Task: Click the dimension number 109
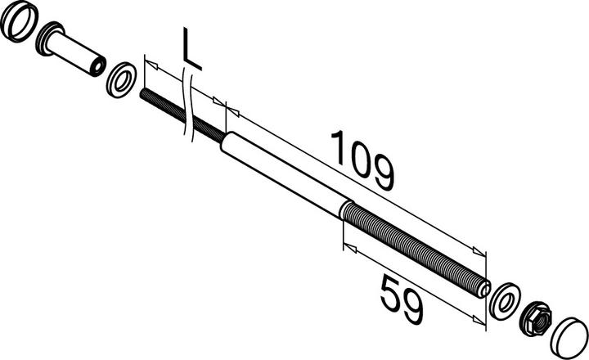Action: [362, 160]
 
